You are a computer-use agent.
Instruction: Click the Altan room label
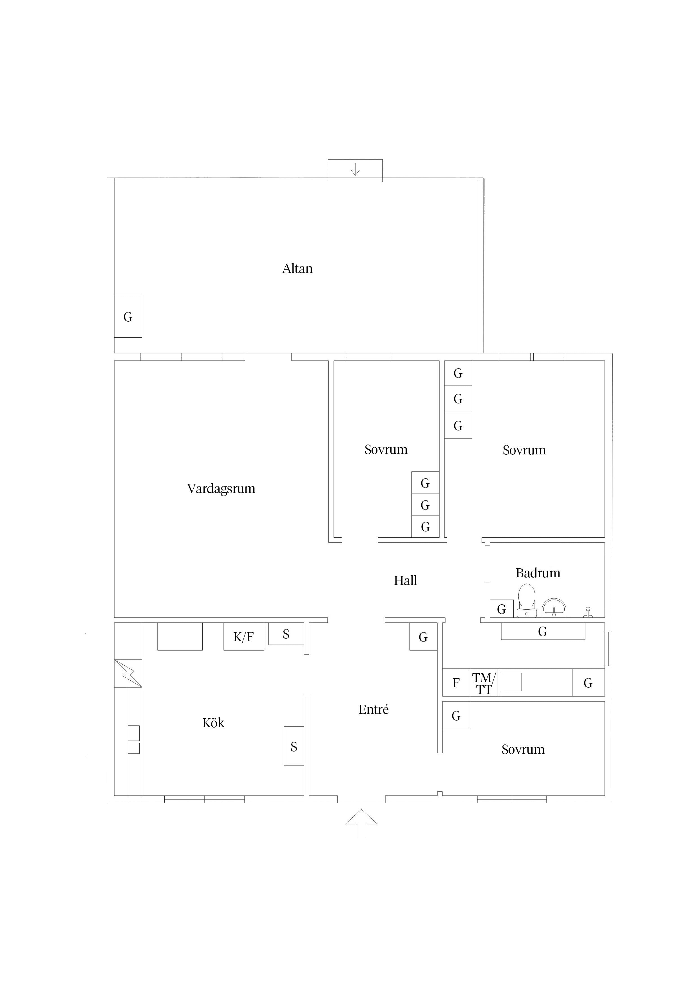[297, 269]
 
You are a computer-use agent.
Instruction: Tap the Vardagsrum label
[221, 489]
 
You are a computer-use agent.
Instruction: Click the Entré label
[373, 709]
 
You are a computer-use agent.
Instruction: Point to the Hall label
[405, 581]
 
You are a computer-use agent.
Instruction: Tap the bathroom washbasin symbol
[554, 607]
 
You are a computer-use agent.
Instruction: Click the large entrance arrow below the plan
[361, 824]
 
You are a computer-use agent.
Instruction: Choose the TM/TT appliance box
[484, 683]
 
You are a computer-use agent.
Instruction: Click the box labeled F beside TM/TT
[456, 683]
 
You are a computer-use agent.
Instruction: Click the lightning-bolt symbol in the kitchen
[128, 674]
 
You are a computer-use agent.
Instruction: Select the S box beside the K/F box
[286, 634]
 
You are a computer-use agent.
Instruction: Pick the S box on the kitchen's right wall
[294, 746]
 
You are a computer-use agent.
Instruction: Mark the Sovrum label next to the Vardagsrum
[386, 450]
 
